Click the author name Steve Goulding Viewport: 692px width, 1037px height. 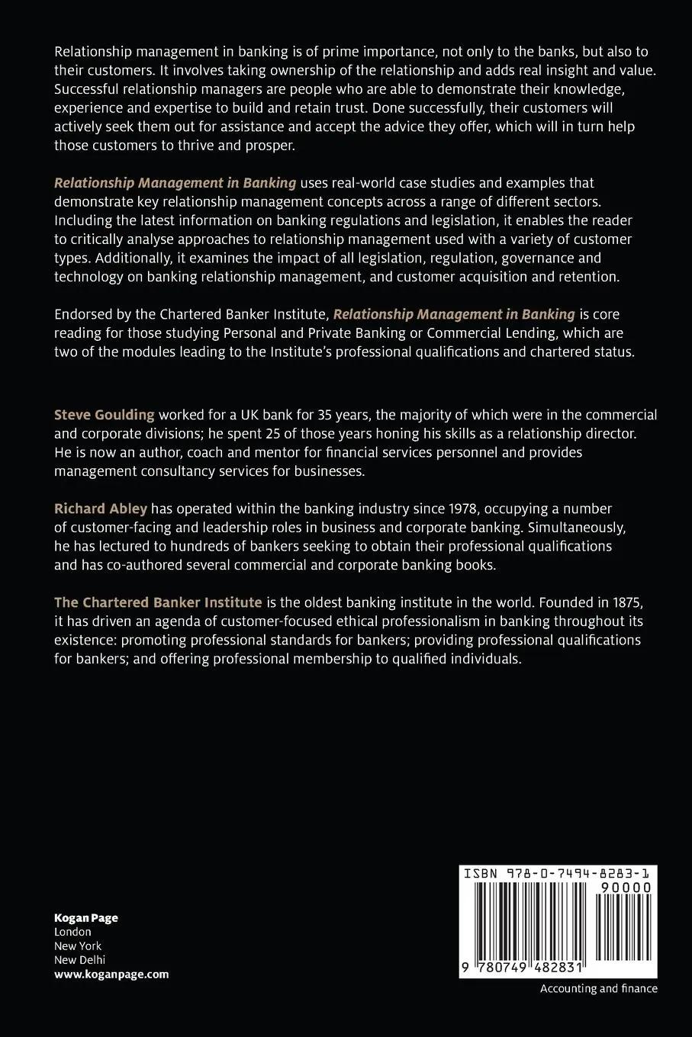coord(104,415)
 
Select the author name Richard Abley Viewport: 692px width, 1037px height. coord(100,509)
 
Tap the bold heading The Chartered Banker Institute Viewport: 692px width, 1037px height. coord(158,602)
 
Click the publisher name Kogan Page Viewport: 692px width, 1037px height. coord(86,917)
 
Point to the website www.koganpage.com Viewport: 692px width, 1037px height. coord(111,974)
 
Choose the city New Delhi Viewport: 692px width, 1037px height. coord(79,960)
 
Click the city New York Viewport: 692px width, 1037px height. coord(78,945)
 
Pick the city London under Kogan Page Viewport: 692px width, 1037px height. coord(72,932)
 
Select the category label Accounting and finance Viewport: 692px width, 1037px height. coord(598,988)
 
